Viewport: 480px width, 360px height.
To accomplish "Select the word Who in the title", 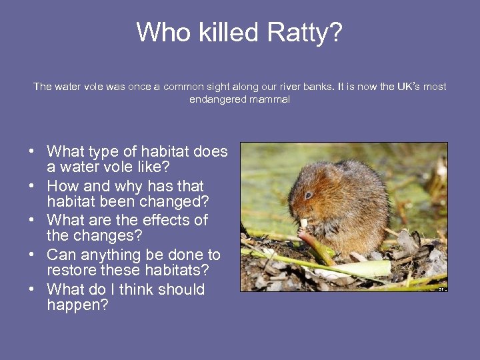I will (x=159, y=32).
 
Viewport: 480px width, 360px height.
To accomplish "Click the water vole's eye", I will (x=309, y=195).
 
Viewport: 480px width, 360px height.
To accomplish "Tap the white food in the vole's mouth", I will (x=304, y=223).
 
